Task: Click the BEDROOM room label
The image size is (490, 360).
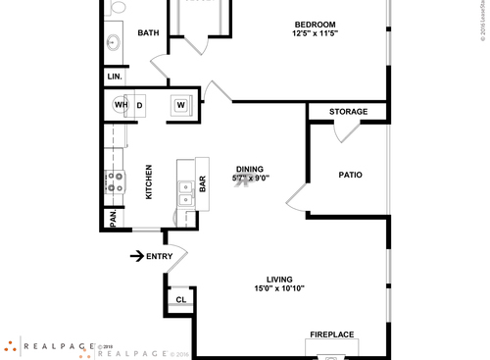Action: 316,25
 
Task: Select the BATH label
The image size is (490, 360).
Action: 148,33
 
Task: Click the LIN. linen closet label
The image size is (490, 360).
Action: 114,77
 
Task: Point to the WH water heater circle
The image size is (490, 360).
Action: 122,105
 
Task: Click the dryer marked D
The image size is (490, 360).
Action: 140,105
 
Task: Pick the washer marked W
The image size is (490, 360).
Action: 181,105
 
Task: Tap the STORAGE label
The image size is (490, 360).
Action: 348,112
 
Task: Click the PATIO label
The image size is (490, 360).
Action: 350,176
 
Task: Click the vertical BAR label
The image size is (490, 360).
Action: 203,182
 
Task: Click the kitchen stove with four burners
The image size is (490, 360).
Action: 114,181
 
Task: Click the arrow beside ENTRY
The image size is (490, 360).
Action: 136,257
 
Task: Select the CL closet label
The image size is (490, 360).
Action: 181,300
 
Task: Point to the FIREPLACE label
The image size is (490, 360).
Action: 332,334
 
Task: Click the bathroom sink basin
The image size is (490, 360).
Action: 113,42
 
